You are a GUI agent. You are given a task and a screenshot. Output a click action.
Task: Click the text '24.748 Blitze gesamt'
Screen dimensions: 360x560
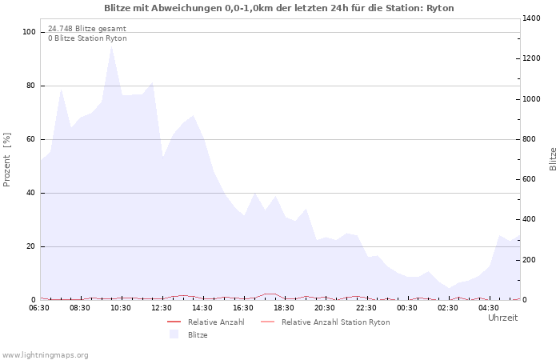tap(87, 28)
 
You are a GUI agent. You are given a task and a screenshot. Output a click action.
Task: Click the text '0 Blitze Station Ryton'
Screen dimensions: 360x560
tap(87, 38)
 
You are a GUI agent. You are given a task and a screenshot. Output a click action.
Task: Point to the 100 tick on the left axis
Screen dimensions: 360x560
tap(30, 32)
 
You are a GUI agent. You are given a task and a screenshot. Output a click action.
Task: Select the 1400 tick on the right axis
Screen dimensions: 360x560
tap(533, 18)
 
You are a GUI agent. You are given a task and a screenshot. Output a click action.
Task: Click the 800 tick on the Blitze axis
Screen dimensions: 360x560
tap(531, 139)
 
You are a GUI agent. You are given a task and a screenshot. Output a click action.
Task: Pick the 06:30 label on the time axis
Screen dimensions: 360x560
tap(39, 307)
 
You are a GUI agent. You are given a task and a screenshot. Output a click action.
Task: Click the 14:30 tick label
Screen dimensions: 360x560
tap(203, 307)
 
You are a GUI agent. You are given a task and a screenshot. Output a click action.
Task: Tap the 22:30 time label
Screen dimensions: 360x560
tap(366, 307)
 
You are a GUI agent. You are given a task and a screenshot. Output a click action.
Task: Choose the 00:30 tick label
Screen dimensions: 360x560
tap(407, 307)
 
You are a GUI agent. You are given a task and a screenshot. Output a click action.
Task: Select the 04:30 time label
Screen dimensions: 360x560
tap(489, 307)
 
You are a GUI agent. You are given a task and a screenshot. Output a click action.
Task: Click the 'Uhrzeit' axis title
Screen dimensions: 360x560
tap(502, 318)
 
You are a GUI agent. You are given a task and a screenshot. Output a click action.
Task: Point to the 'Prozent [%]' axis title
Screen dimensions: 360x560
tap(7, 160)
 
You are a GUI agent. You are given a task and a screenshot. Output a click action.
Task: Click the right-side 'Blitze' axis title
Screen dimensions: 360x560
tap(553, 158)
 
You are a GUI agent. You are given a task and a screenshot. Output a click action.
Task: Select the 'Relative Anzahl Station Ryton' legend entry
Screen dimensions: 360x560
tap(335, 322)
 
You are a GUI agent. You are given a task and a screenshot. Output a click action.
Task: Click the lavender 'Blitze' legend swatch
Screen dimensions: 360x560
tap(174, 334)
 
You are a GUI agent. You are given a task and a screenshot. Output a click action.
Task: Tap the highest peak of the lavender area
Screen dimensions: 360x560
tap(111, 46)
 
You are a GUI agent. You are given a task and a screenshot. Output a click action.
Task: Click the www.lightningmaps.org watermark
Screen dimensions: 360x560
tap(46, 354)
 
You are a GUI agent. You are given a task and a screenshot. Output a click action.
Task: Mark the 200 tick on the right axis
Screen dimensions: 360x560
tap(531, 259)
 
